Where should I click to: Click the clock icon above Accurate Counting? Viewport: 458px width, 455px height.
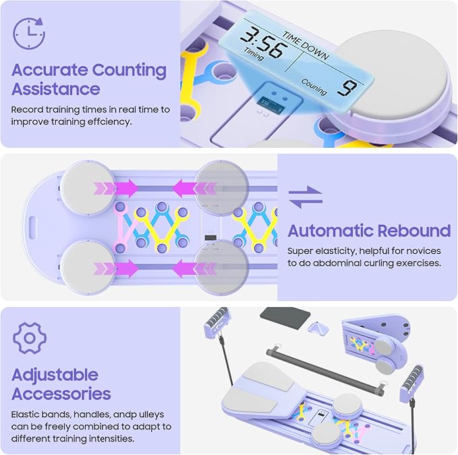click(x=29, y=33)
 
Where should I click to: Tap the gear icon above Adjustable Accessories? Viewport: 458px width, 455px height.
click(x=30, y=338)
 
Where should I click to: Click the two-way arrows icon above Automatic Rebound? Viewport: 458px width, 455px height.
click(x=306, y=197)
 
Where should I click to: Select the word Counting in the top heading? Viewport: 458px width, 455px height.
click(x=130, y=70)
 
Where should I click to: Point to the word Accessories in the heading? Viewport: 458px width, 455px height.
click(x=61, y=394)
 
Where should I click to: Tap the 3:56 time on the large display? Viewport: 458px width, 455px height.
click(x=262, y=43)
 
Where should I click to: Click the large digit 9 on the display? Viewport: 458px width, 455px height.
click(x=347, y=88)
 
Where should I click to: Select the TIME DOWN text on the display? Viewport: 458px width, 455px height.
click(x=306, y=46)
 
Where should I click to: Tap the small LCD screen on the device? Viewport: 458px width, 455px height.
click(x=272, y=105)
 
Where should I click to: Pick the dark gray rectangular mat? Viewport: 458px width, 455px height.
click(x=285, y=317)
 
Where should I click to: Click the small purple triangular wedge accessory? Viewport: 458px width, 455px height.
click(x=318, y=328)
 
